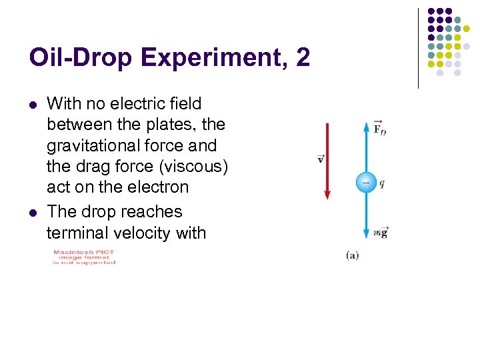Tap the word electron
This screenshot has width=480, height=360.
point(161,187)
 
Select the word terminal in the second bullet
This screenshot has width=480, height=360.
point(73,233)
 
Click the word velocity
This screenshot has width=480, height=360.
point(133,233)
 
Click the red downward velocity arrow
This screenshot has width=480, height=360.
point(327,160)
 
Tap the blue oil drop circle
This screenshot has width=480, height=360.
point(366,182)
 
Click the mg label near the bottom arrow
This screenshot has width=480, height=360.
point(381,232)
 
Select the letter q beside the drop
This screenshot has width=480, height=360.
point(382,183)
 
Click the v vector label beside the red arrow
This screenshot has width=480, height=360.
point(320,159)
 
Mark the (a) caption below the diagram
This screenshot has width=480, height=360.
point(353,255)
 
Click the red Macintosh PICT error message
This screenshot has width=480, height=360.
point(84,257)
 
